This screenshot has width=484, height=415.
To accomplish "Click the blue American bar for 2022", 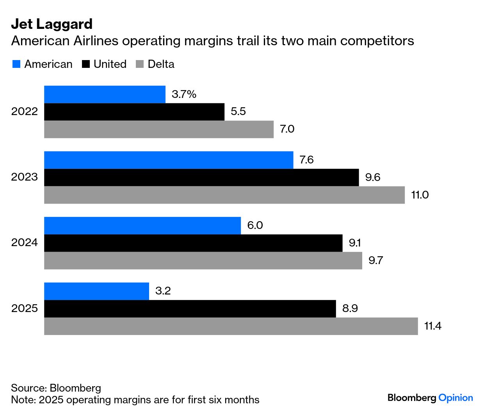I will [105, 94].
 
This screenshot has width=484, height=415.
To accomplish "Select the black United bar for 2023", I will [201, 177].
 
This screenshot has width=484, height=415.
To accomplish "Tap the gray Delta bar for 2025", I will [231, 326].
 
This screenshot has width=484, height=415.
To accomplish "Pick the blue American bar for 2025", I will [96, 291].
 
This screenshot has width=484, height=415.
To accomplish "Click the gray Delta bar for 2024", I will [203, 261].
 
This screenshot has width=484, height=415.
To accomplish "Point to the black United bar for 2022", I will [134, 112].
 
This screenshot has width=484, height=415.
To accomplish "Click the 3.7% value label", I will [184, 94].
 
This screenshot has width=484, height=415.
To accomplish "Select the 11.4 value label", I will [432, 326].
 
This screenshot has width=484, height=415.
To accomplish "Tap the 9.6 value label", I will [372, 177].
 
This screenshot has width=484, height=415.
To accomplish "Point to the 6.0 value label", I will [255, 225].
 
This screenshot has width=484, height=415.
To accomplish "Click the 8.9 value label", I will [350, 309].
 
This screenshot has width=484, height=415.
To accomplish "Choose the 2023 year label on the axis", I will [25, 177].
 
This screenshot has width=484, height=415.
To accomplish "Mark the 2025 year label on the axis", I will [25, 309].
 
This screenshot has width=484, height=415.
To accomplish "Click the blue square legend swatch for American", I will [16, 64].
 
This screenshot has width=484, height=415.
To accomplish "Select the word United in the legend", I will [110, 64].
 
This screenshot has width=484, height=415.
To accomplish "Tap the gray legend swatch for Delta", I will [140, 64].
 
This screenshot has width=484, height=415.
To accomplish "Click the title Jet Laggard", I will [52, 24].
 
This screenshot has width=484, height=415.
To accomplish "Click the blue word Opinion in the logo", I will [456, 398].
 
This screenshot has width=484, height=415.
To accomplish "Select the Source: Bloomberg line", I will [56, 388].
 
